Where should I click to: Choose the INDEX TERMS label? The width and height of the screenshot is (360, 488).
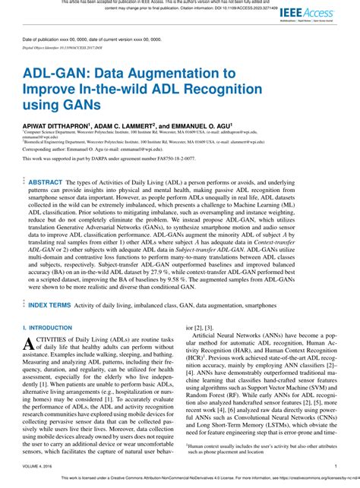[50, 304]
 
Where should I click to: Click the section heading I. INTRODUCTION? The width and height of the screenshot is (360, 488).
[50, 328]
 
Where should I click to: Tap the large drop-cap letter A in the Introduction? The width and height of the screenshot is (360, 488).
[32, 345]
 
